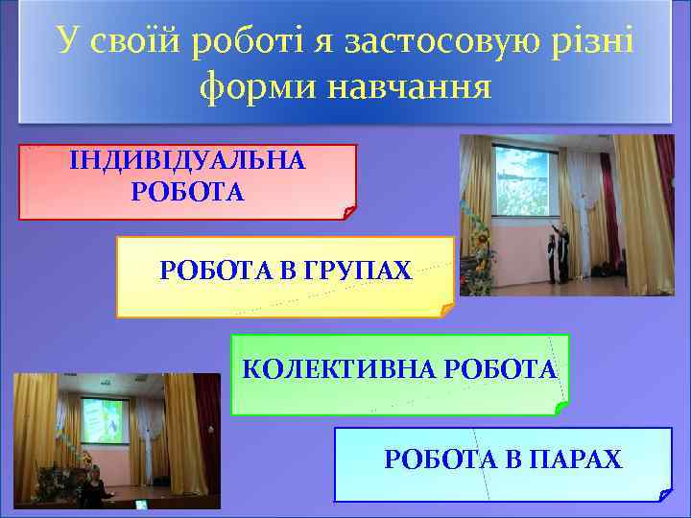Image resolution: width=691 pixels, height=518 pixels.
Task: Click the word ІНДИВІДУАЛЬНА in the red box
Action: (x=188, y=160)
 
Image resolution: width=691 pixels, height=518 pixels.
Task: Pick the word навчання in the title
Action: (x=409, y=87)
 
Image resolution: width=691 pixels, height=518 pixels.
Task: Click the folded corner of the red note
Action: (x=348, y=212)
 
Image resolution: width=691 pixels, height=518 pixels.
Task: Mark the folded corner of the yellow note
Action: (x=445, y=310)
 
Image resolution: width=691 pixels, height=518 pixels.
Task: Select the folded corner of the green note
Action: (x=561, y=408)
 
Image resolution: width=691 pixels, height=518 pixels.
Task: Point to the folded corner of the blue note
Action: (x=665, y=495)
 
